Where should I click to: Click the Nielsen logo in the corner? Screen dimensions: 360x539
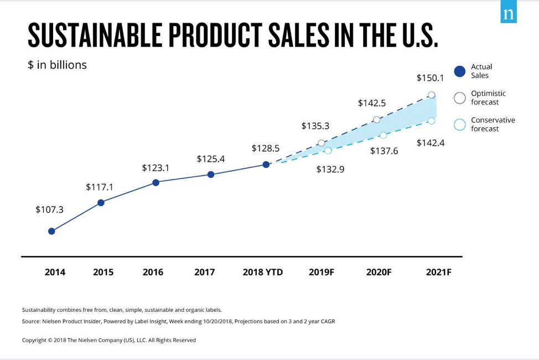coord(509,14)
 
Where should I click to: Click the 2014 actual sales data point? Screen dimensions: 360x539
coord(51,231)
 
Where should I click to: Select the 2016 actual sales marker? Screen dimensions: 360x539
coord(156,182)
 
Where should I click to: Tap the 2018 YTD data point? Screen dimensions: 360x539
coord(266,164)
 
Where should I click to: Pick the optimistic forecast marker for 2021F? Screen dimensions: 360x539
coord(432,95)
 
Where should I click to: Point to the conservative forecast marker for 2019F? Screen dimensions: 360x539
coord(328,151)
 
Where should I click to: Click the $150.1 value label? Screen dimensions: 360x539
coord(430,78)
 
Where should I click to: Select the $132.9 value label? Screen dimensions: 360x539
coord(330,169)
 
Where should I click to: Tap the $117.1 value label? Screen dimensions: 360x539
coord(100,187)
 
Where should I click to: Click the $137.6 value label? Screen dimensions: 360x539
coord(384,151)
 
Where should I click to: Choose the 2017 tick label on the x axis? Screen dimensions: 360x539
coord(205,272)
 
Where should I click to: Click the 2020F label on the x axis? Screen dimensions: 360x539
coord(379,272)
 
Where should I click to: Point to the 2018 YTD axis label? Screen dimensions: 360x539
coord(263,272)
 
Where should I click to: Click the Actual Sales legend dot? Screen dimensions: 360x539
coord(459,71)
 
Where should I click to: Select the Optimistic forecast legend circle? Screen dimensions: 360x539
coord(459,97)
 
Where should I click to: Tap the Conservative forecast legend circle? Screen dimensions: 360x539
coord(459,124)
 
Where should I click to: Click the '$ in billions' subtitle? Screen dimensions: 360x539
coord(57,65)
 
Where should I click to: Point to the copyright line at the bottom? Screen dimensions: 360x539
coord(108,340)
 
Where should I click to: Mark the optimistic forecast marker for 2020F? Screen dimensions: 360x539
coord(376,120)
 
